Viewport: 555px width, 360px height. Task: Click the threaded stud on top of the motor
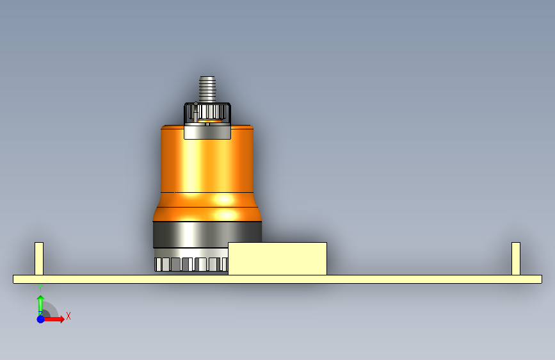point(207,89)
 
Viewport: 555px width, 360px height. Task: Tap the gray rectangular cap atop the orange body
point(207,132)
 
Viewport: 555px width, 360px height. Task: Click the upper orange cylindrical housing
point(207,159)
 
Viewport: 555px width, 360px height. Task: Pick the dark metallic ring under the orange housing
point(207,234)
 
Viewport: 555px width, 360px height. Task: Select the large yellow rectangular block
point(278,259)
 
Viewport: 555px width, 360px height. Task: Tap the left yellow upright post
point(39,259)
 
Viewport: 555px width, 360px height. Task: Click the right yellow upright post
point(516,259)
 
